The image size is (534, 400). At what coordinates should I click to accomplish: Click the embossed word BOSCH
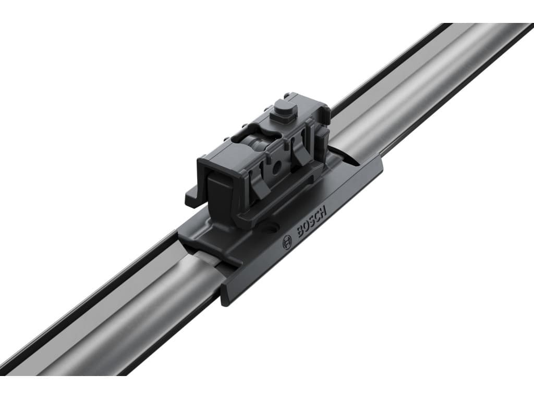click(312, 221)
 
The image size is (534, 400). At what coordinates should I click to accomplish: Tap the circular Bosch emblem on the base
click(287, 243)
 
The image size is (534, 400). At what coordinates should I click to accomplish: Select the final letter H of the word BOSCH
click(323, 211)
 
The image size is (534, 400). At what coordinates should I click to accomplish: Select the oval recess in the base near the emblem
click(274, 227)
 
